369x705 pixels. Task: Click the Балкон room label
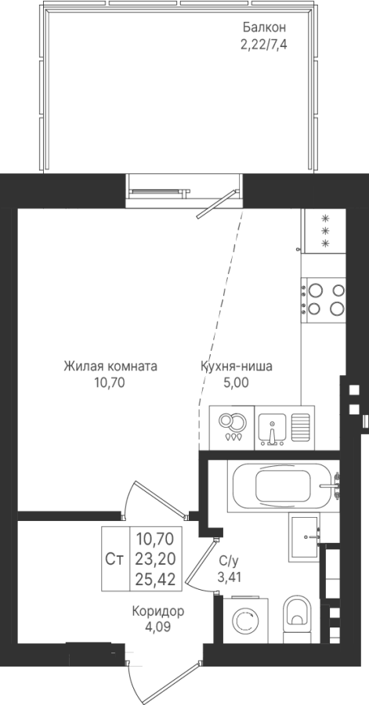[264, 27]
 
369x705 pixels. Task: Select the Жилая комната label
[110, 367]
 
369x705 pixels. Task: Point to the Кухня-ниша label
[237, 367]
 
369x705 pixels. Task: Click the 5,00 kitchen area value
[237, 383]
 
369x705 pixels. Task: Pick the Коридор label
[158, 612]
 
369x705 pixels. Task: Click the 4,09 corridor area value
[158, 627]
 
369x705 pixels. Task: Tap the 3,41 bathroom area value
[230, 577]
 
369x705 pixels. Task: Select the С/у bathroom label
[229, 561]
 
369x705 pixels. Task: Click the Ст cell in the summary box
[115, 559]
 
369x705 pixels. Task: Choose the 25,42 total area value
[155, 579]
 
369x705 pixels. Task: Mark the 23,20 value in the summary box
[155, 559]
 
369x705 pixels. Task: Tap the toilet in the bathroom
[298, 617]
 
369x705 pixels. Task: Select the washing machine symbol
[245, 620]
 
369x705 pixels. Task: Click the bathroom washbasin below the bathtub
[304, 537]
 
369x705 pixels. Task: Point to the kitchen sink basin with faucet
[272, 428]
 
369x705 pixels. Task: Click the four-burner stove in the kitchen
[324, 299]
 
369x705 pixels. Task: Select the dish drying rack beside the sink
[300, 427]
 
